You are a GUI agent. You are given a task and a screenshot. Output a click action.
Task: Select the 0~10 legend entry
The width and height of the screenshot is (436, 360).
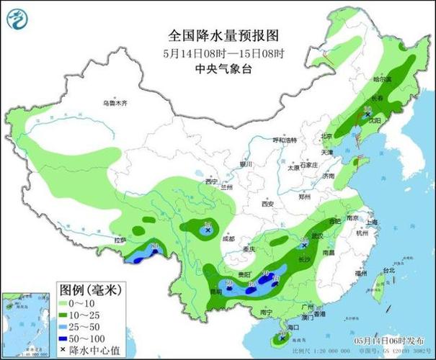coord(84,305)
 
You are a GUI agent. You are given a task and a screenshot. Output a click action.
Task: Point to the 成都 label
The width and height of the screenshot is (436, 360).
coord(228,238)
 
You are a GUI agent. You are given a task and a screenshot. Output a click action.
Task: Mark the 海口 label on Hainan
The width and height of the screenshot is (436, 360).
coord(292,327)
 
